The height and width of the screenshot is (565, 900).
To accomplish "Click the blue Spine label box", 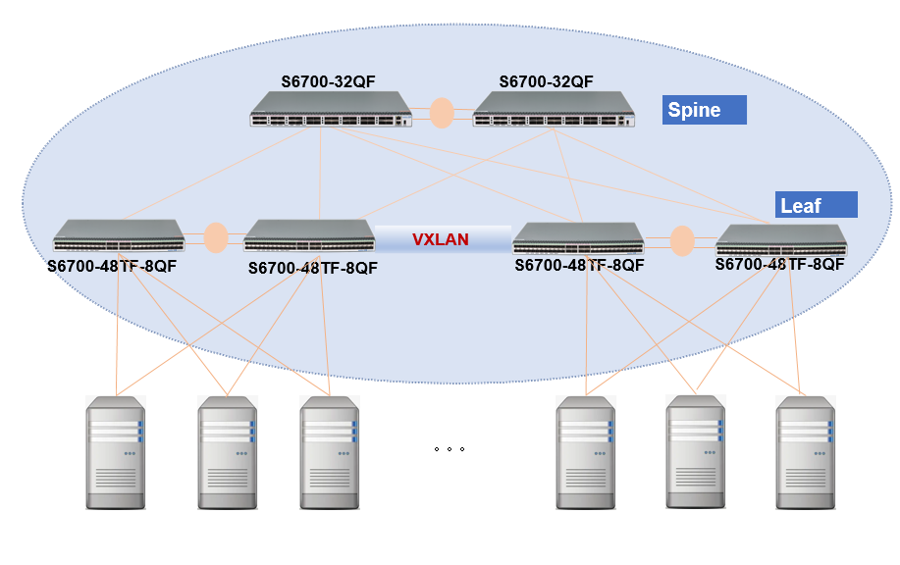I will (706, 110).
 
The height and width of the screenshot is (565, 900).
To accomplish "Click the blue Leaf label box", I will (816, 205).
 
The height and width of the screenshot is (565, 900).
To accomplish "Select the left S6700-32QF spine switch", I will (330, 110).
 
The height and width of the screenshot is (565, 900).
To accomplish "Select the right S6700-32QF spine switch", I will (553, 110).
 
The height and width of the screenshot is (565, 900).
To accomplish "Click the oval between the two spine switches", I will (442, 112).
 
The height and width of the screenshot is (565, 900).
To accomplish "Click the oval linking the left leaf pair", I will (215, 237).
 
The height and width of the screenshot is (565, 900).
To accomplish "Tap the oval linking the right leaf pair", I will (681, 240).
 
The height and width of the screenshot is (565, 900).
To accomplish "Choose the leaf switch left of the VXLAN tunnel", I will (309, 236).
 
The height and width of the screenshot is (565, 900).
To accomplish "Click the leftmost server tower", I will (116, 452).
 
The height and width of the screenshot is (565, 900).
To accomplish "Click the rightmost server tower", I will (806, 452).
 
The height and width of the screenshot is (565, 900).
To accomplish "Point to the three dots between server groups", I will (449, 449).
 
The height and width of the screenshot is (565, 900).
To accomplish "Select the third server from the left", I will (329, 452).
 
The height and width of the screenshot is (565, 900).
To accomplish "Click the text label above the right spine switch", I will (546, 81).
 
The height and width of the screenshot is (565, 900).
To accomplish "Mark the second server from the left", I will (227, 452).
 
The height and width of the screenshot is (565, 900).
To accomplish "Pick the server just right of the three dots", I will (587, 452).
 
